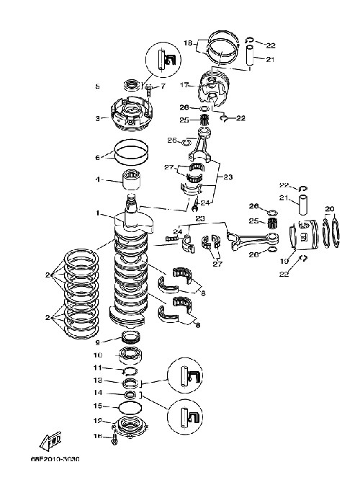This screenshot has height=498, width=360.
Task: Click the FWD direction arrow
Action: [x=50, y=441]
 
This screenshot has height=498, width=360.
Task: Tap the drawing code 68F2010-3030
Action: [x=55, y=460]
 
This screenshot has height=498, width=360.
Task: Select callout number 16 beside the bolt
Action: [x=98, y=436]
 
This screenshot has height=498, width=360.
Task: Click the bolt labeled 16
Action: [x=114, y=439]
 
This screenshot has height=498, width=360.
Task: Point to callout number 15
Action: [x=98, y=406]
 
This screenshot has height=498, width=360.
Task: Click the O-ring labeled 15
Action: [x=130, y=407]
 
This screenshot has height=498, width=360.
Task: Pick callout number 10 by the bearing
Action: [x=98, y=355]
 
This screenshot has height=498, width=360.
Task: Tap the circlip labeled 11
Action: [x=130, y=370]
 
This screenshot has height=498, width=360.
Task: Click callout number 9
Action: [x=98, y=342]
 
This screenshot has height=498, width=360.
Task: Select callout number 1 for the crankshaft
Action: [x=99, y=213]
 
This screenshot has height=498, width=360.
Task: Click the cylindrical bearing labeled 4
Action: [x=132, y=180]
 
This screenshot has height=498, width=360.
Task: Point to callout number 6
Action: [x=98, y=157]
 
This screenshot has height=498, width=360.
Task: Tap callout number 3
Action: [x=98, y=118]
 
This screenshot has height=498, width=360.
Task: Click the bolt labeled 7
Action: [x=148, y=91]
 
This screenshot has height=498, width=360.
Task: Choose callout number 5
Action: [x=98, y=86]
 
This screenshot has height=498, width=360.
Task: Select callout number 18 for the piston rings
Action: [x=189, y=43]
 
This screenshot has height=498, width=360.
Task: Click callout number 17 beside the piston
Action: [x=184, y=85]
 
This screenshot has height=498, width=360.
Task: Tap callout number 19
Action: [x=284, y=261]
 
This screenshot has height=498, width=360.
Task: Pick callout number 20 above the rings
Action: [x=330, y=209]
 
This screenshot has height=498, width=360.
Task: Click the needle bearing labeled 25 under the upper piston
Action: [x=206, y=120]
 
